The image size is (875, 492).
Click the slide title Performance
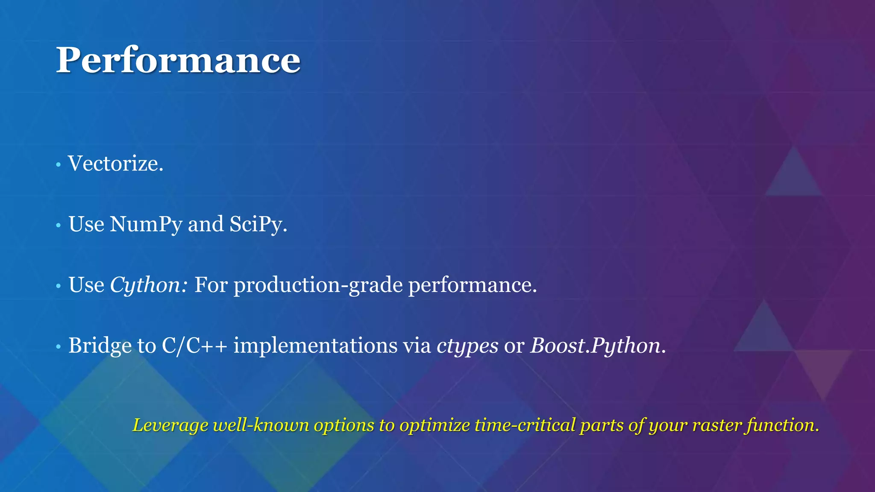[x=178, y=60]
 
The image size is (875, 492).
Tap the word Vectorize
[x=115, y=164]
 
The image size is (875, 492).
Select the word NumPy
[x=146, y=225]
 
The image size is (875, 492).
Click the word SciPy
[x=258, y=225]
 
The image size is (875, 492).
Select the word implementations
[x=315, y=346]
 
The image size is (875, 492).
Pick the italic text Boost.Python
[x=595, y=346]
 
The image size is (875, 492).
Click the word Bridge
[x=100, y=346]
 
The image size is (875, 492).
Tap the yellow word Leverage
[x=170, y=425]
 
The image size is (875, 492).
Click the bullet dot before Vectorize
[x=58, y=164]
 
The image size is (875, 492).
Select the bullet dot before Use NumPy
[x=58, y=225]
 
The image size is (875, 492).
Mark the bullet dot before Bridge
[x=58, y=346]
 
